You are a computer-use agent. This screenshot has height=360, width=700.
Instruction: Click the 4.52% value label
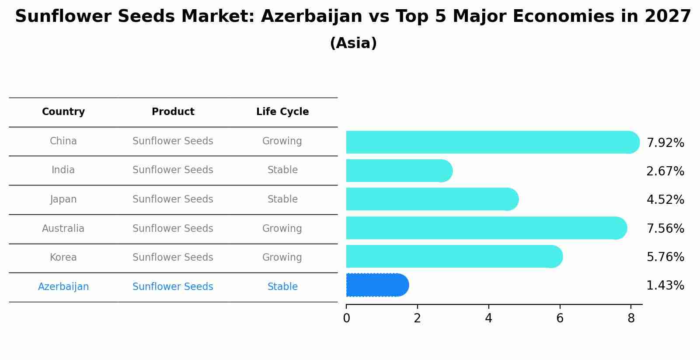coord(665,200)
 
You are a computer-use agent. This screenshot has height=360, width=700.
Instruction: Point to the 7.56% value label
coord(665,228)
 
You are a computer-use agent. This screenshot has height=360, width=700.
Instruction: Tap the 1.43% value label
coord(665,286)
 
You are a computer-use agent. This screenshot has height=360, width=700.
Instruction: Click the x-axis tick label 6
coord(560,318)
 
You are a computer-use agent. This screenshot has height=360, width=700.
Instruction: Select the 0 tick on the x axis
coord(346,318)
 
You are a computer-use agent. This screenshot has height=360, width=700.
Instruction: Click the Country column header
coord(63,112)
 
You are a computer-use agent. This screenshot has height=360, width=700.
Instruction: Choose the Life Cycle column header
coord(282,112)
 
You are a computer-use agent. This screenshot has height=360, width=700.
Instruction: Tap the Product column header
coord(173,112)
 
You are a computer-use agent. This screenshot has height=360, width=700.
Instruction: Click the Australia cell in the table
coord(63,228)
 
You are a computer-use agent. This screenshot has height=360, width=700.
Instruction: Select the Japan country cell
coord(63,199)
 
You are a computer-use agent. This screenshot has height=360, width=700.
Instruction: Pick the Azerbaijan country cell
coord(63,287)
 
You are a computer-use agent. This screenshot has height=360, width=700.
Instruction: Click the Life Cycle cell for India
coord(282,170)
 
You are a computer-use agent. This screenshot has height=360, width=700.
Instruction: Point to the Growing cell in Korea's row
coord(282,258)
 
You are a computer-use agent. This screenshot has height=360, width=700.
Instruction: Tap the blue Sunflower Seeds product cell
coord(173,287)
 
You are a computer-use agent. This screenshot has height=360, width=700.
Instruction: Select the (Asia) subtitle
coord(353,43)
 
